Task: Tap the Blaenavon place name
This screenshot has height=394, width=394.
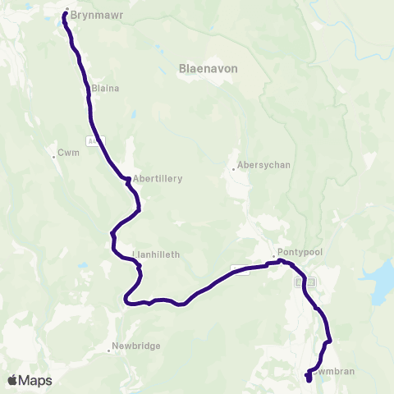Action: [x=208, y=69]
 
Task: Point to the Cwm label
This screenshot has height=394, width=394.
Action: [x=66, y=153]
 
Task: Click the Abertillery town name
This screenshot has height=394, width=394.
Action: [x=156, y=178]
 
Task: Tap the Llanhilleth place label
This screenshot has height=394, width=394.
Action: [x=158, y=254]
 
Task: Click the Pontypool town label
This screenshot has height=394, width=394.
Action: [x=295, y=253]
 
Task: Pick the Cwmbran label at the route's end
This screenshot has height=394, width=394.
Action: [x=334, y=371]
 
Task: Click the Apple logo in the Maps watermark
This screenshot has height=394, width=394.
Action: [x=13, y=380]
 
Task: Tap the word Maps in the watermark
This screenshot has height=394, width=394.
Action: [x=36, y=380]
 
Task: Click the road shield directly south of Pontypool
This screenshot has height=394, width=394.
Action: [x=303, y=282]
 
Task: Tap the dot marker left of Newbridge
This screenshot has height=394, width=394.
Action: [x=109, y=350]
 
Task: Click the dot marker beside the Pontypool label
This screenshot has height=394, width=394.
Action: [x=274, y=255]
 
